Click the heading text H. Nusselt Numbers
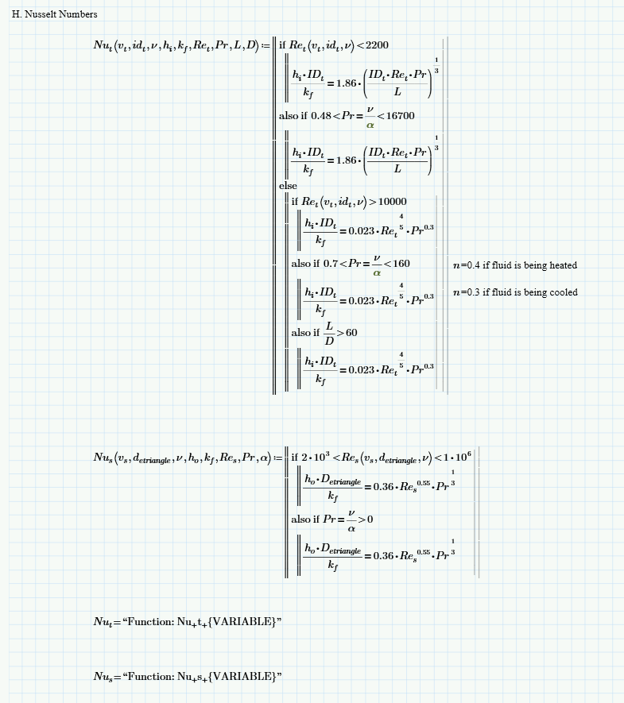tap(55, 14)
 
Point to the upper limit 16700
tap(400, 116)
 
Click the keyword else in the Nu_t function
tap(287, 185)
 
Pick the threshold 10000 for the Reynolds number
tap(392, 202)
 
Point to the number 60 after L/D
tap(351, 333)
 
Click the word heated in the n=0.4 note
tap(561, 265)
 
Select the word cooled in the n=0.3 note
tap(561, 292)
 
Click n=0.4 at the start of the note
tap(466, 265)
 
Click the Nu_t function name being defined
tap(102, 45)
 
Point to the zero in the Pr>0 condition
tap(370, 520)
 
